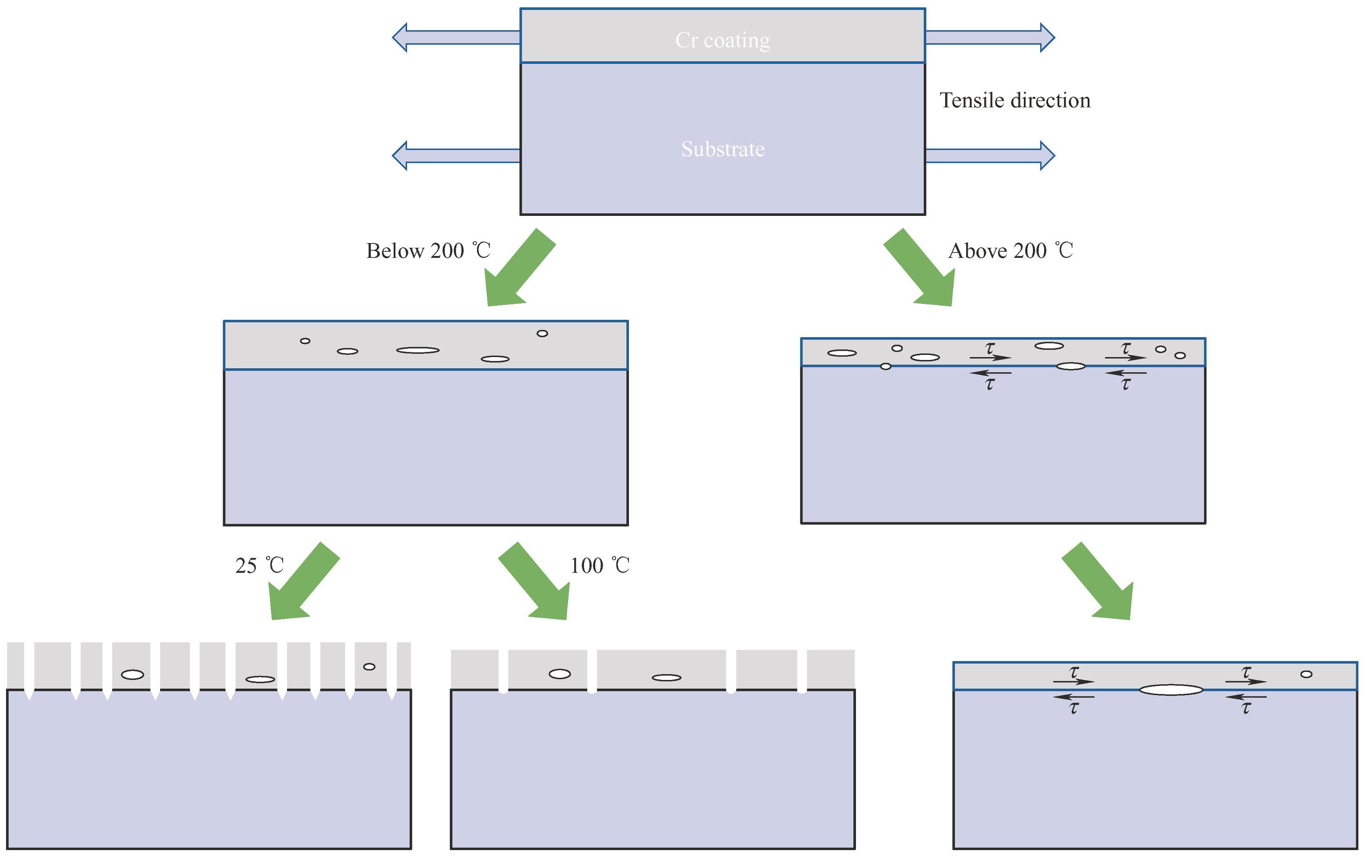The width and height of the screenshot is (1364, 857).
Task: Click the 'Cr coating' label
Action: point(722,40)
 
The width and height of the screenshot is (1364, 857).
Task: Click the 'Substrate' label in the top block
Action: point(722,149)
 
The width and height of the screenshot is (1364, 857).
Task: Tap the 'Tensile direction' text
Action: point(1014,100)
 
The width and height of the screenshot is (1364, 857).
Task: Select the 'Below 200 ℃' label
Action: point(428,250)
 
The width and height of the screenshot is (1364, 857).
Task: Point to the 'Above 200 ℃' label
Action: point(1010,250)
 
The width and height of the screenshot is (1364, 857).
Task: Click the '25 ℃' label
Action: point(259,565)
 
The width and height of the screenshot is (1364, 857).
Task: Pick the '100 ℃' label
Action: point(599,565)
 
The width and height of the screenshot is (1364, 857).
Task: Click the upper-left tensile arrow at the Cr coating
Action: point(456,38)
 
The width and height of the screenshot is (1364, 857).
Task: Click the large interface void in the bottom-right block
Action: point(1171,690)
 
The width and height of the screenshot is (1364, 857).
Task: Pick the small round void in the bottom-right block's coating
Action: point(1306,674)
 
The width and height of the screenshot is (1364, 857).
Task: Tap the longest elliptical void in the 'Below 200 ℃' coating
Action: point(417,350)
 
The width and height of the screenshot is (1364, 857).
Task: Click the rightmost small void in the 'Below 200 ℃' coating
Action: point(542,333)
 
